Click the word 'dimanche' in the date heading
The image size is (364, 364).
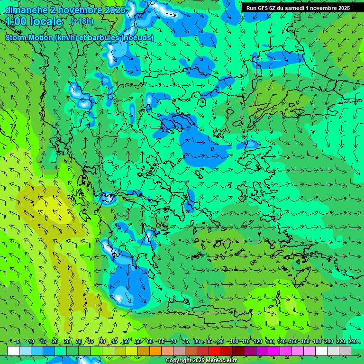[x=26, y=10]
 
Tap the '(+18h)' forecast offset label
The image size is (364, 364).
[x=82, y=21]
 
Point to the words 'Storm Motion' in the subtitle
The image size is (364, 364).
[x=28, y=37]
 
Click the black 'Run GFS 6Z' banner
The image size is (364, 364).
[x=298, y=8]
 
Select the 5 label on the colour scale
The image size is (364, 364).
[x=18, y=341]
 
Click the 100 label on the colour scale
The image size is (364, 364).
[x=234, y=341]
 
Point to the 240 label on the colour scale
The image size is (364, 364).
[x=352, y=341]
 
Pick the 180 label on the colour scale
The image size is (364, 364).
[x=317, y=341]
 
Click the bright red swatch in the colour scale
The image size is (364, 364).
[x=215, y=351]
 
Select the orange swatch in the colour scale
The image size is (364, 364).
[x=155, y=351]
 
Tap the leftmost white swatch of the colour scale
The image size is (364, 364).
[x=13, y=351]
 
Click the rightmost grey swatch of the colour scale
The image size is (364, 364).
[x=345, y=351]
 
